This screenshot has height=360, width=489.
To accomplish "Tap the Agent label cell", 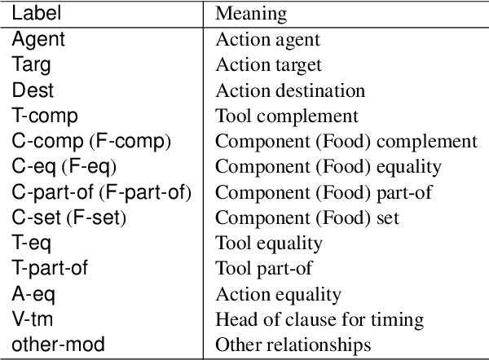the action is [37, 38].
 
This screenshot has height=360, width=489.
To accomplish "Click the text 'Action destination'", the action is [289, 90].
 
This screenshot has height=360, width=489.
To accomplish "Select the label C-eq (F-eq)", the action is [64, 167].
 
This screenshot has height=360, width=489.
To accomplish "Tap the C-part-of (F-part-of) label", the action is [101, 192].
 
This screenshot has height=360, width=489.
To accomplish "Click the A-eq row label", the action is [30, 294].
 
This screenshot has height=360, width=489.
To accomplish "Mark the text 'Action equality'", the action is [278, 294].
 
